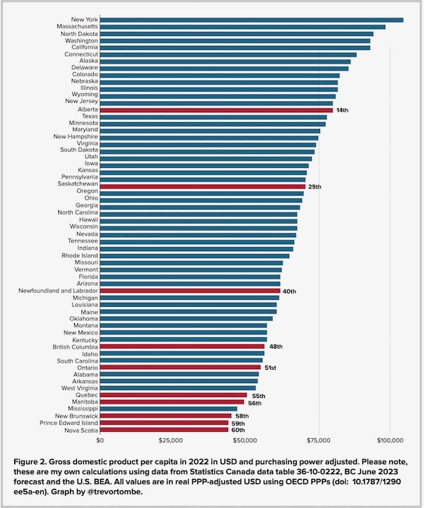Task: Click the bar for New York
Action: pos(252,20)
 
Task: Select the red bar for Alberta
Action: pos(216,110)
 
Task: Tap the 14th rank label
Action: pos(342,111)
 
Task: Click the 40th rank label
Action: pos(290,291)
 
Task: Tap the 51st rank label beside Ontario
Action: pos(271,368)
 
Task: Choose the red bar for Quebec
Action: pos(173,395)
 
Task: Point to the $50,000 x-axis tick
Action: pos(245,440)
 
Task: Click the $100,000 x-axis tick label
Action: pos(389,440)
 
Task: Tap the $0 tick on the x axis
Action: pos(100,440)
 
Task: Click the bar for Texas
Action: pos(213,117)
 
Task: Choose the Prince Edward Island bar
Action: pos(165,423)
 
